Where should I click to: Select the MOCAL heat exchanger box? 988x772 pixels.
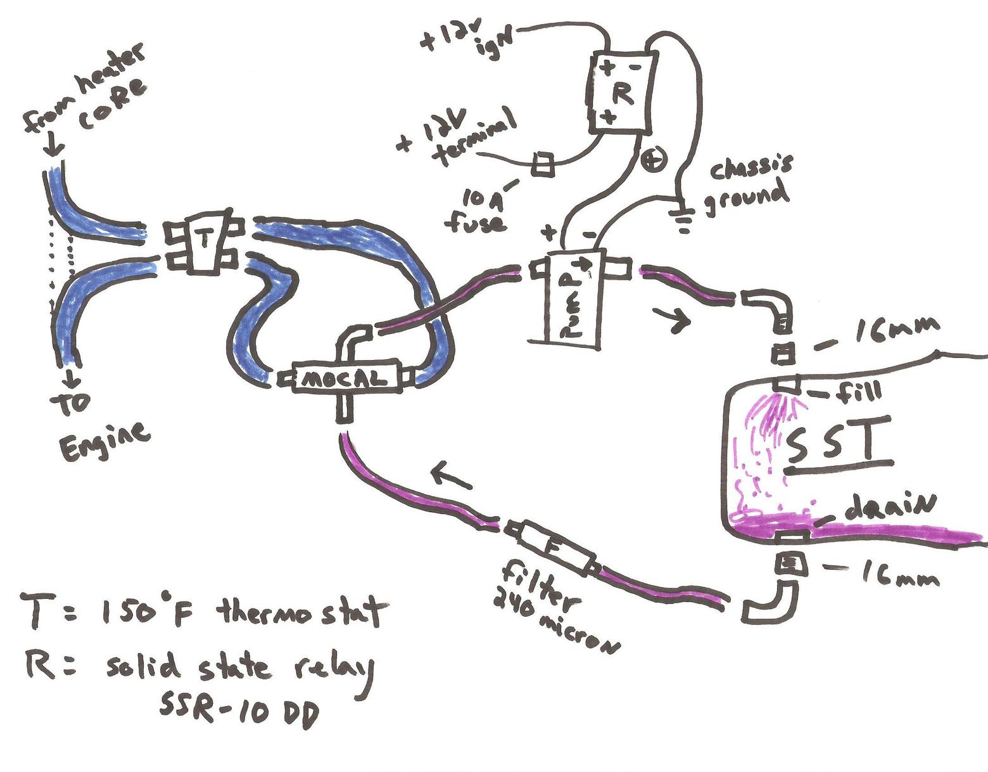tap(346, 378)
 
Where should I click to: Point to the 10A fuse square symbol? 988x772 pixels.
tap(543, 164)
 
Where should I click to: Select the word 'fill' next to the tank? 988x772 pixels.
tap(858, 392)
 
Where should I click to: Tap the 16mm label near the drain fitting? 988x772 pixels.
tap(899, 576)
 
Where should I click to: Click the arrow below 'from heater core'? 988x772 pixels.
tap(53, 145)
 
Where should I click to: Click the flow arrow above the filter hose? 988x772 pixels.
tap(451, 476)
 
